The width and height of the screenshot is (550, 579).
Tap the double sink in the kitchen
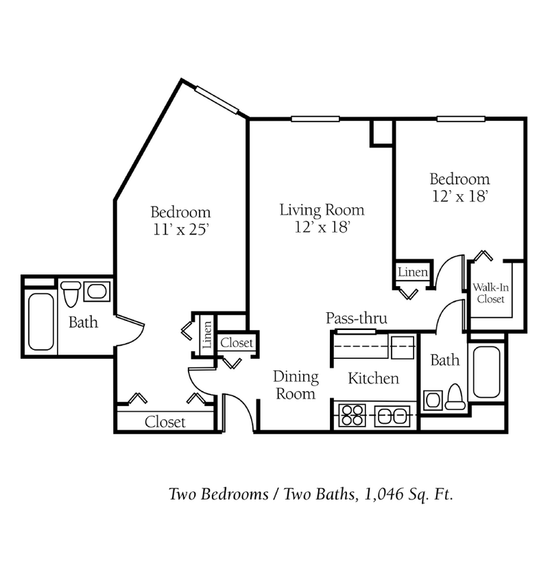pos(392,416)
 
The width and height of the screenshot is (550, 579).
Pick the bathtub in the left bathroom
pos(40,321)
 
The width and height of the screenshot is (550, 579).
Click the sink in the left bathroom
pos(96,292)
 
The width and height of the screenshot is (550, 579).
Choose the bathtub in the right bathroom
pos(486,372)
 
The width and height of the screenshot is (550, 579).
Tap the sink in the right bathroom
pos(432,400)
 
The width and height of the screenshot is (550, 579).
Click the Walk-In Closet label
pos(490,293)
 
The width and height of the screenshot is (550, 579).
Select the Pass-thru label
pos(356,318)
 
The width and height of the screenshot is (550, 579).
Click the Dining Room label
pos(296,385)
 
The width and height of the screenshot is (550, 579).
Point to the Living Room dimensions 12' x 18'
pos(322,227)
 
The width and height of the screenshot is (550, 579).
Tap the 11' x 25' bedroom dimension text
pos(180,230)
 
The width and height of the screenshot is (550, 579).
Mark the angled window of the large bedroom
pos(217,100)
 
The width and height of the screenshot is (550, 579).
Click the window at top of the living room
pos(315,119)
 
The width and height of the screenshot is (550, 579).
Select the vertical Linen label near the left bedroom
pos(207,335)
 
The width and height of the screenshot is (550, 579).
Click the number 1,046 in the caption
pos(378,494)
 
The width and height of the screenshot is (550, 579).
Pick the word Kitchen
pos(373,378)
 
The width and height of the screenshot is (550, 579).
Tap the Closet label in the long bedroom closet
pos(165,422)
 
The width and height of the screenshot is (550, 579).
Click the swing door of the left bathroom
pos(131,330)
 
